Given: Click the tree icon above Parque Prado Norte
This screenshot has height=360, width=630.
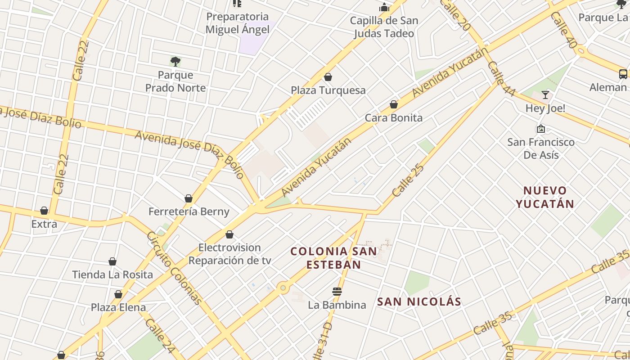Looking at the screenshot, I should (175, 61).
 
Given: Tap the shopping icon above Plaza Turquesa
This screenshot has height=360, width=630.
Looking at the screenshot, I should (328, 77).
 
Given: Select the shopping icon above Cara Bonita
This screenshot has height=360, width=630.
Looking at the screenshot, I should (394, 104).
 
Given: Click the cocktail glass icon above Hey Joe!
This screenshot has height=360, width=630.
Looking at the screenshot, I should (545, 94).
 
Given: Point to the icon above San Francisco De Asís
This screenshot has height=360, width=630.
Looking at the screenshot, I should (541, 129).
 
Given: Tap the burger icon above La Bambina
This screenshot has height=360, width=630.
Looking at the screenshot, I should (337, 292).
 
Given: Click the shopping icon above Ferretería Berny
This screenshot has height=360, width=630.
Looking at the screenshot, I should (189, 198).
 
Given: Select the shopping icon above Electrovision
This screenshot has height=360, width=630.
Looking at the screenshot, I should (229, 234).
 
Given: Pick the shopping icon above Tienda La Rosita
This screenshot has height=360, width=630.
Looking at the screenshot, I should (112, 261).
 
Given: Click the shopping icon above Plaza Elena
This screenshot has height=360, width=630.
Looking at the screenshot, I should (118, 294).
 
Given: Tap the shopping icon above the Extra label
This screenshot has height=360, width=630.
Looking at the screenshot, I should (44, 211).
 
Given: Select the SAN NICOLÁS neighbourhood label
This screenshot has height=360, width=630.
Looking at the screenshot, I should (419, 301).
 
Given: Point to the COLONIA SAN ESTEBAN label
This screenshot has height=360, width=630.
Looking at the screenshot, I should (334, 258).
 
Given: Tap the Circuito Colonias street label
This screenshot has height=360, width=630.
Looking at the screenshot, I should (174, 268).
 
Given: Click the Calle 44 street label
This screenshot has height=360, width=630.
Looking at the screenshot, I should (501, 79).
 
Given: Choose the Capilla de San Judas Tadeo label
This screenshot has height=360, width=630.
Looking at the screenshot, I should (384, 27).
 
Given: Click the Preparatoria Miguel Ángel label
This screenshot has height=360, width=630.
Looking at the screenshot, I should (238, 23).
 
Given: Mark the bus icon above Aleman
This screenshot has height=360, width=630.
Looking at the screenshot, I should (623, 74).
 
